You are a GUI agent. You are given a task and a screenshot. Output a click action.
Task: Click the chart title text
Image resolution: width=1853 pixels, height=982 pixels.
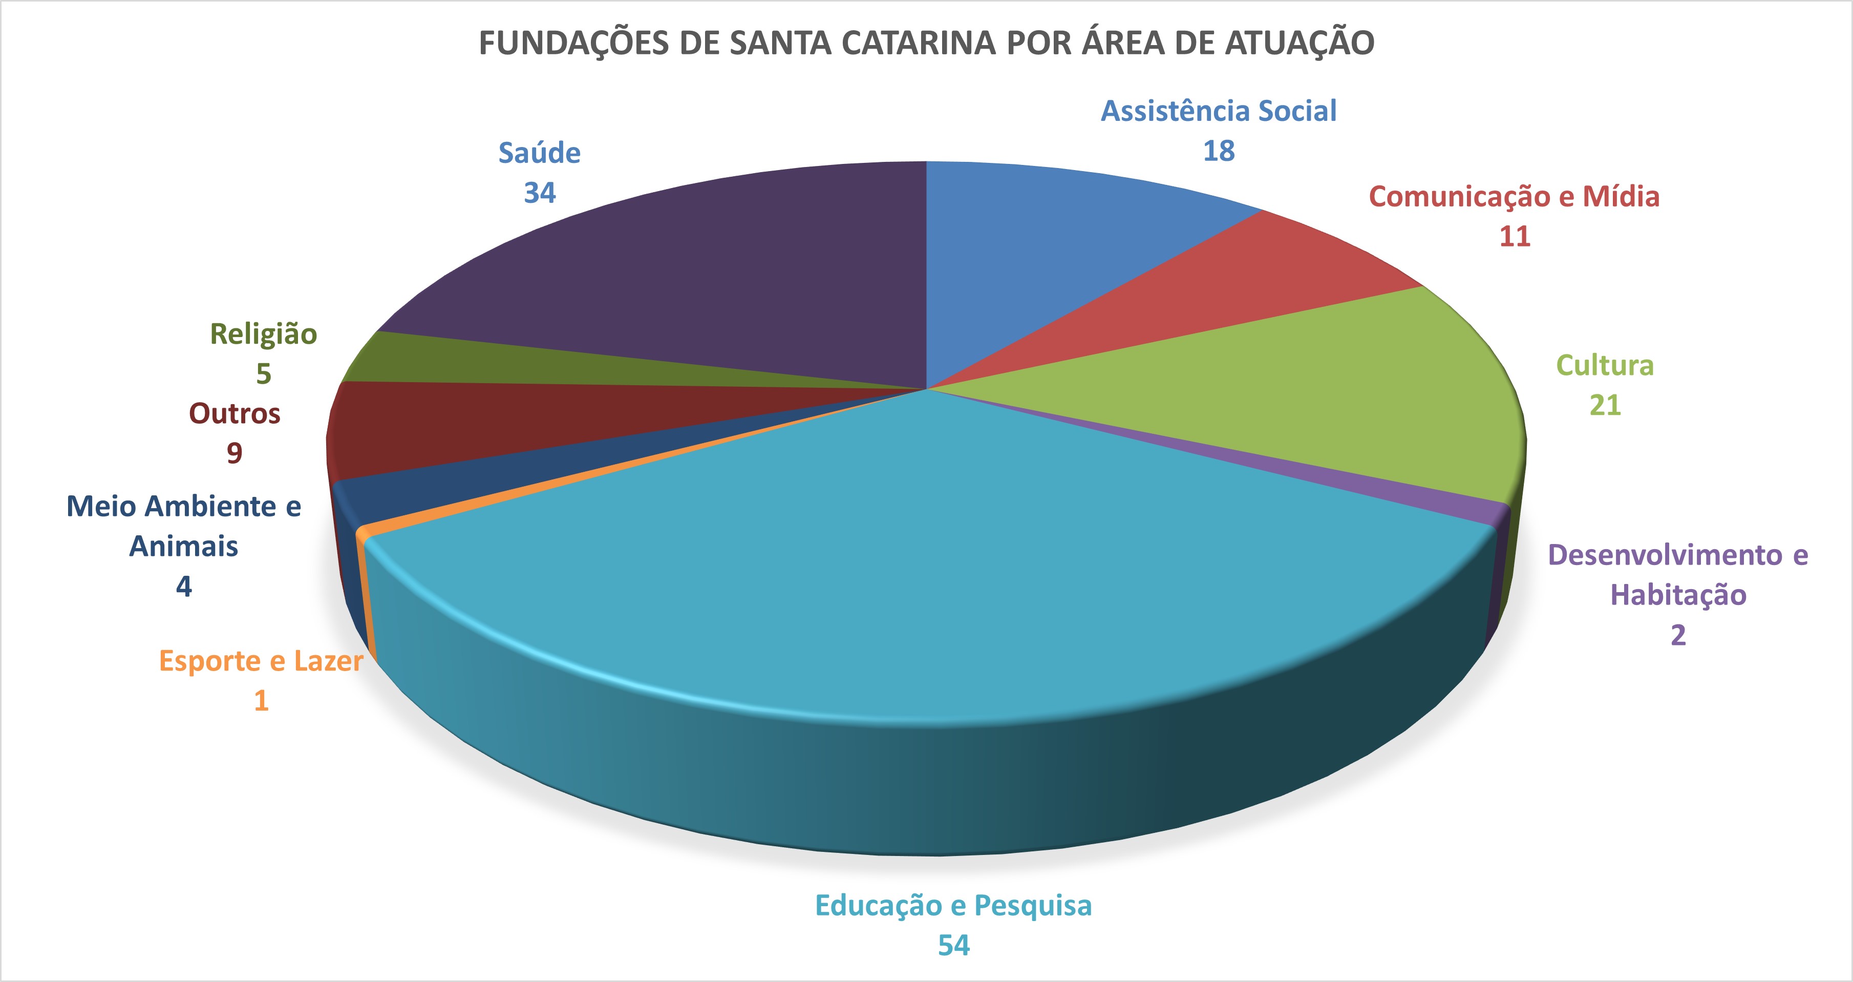927,43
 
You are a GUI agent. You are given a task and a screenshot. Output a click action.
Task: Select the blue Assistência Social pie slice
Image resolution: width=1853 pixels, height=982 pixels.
1064,244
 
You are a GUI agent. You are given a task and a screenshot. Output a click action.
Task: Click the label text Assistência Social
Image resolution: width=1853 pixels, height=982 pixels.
1219,112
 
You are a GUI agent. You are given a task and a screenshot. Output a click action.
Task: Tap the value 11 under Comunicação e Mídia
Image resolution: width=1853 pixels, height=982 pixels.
1514,237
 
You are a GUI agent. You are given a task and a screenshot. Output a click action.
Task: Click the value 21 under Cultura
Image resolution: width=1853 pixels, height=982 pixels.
1605,406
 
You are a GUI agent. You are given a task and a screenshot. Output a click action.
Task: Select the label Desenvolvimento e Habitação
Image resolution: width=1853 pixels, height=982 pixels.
1677,575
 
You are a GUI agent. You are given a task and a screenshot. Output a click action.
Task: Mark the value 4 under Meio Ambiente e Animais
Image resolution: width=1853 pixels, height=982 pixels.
184,587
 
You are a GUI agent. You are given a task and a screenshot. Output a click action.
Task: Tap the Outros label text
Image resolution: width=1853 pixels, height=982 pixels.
235,414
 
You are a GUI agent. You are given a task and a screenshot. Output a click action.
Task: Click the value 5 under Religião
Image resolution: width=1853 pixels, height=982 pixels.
263,374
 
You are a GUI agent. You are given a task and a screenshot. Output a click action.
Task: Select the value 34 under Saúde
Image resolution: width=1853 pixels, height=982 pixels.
540,193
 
